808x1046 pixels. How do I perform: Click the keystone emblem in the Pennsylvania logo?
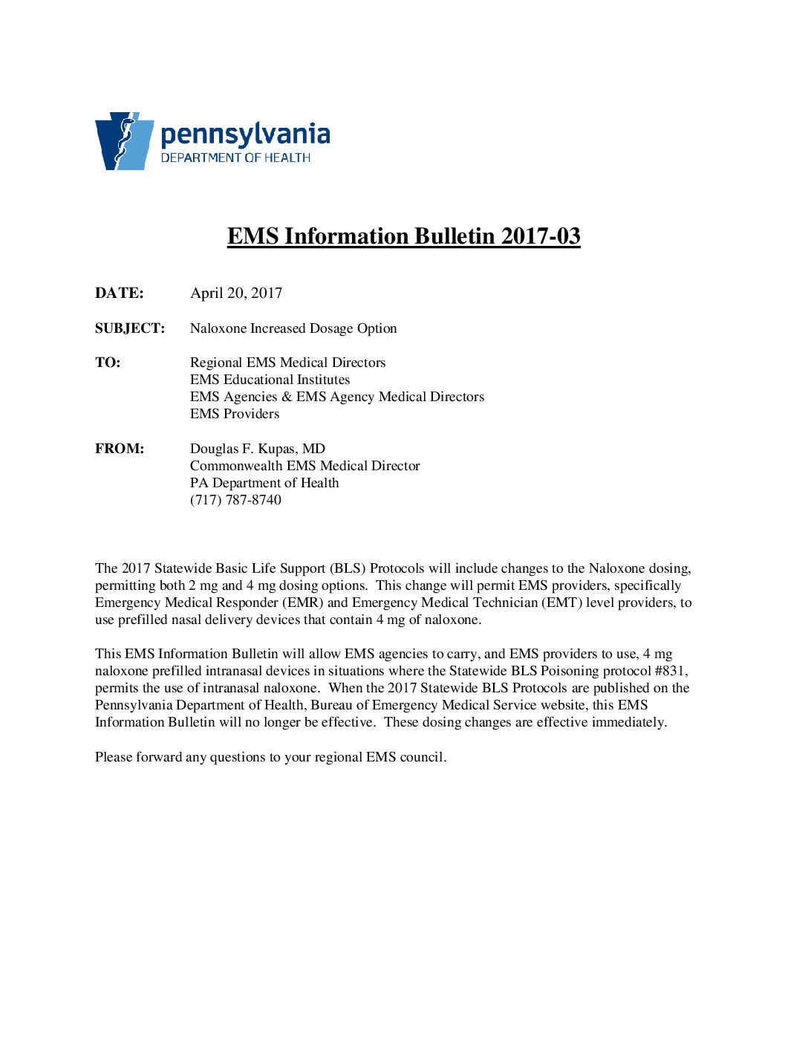click(x=124, y=141)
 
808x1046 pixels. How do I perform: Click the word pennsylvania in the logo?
click(x=245, y=134)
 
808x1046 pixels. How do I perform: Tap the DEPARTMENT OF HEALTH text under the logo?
click(x=235, y=157)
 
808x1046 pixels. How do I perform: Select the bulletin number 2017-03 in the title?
click(x=541, y=236)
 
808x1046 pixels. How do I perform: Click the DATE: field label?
click(x=120, y=293)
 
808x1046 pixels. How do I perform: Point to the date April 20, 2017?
click(x=236, y=293)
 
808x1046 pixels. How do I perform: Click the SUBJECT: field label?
click(x=130, y=328)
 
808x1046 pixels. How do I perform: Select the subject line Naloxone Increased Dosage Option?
click(x=293, y=328)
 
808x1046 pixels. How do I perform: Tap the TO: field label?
click(x=108, y=363)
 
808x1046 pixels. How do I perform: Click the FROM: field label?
click(x=120, y=449)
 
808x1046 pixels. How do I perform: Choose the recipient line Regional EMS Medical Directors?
click(x=287, y=363)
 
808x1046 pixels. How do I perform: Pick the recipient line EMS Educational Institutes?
click(x=270, y=380)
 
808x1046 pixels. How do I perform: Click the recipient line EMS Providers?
click(x=235, y=414)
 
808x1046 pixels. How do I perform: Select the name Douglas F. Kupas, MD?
click(x=258, y=449)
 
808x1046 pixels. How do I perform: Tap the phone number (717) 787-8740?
click(x=235, y=500)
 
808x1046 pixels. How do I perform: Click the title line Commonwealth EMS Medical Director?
click(x=304, y=466)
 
